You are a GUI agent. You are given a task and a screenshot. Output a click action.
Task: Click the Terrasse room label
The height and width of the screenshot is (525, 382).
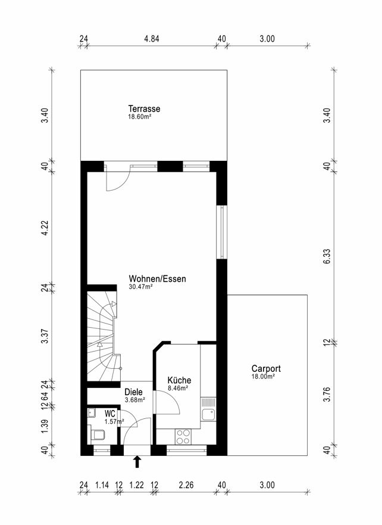click(144, 109)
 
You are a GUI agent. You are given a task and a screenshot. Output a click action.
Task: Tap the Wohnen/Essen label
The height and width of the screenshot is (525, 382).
click(158, 278)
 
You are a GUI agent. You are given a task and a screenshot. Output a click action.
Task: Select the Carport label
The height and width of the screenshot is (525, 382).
click(266, 369)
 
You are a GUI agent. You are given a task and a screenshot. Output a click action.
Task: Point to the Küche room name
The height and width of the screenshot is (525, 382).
click(179, 380)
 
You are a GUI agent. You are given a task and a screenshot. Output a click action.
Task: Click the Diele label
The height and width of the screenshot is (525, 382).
click(133, 392)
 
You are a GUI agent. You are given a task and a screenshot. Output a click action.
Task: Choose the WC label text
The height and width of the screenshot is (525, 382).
click(110, 414)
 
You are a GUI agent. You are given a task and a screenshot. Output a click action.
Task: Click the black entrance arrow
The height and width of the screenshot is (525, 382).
click(137, 462)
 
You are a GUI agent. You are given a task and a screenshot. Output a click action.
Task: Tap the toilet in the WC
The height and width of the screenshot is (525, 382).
click(97, 434)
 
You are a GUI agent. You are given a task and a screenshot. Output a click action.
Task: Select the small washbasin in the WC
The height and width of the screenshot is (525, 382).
click(91, 413)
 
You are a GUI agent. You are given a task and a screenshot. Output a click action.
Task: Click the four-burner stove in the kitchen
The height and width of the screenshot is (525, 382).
click(183, 437)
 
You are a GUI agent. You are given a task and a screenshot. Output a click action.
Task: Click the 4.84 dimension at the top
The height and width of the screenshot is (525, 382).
click(151, 39)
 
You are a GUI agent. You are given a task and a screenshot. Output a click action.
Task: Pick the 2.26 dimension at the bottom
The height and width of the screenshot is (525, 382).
click(186, 485)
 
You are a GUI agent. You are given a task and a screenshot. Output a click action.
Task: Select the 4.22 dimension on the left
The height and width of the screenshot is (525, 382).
click(45, 228)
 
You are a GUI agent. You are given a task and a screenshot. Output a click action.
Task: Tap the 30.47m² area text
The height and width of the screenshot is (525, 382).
click(140, 287)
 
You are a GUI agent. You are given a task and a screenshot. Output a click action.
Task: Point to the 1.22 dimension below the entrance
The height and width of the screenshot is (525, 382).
click(137, 485)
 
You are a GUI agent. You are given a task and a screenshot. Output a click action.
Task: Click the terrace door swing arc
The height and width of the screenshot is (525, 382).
click(121, 184)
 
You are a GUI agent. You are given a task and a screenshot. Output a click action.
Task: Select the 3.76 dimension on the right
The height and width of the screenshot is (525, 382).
click(327, 394)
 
